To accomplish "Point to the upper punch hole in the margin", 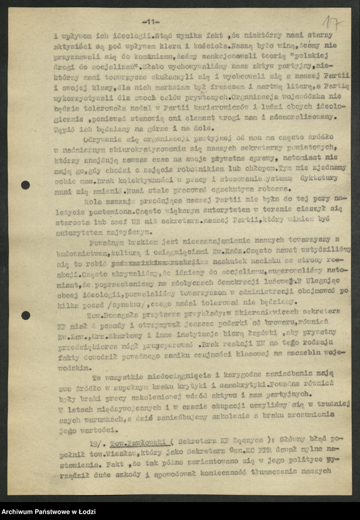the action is coord(25,184).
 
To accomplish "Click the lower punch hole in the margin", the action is coord(25,316).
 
